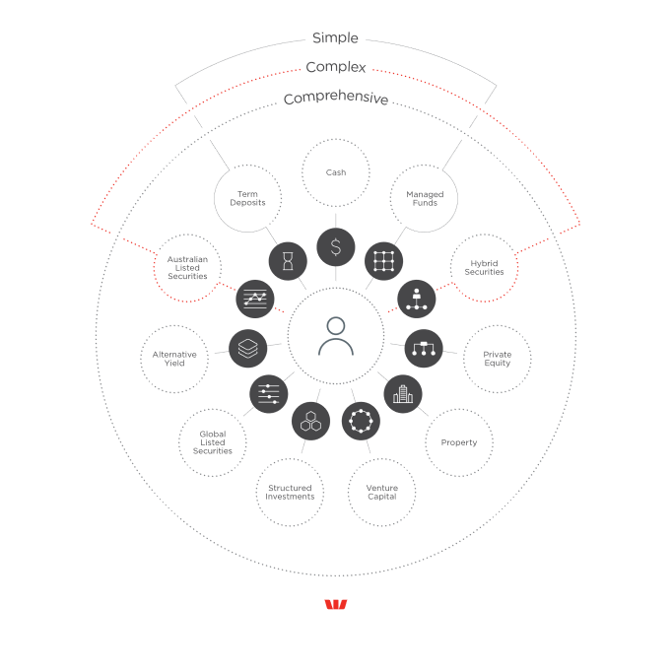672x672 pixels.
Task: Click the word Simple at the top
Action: click(335, 38)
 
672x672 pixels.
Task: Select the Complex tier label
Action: click(336, 68)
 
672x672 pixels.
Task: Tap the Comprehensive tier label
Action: click(336, 99)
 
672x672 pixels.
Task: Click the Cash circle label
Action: click(336, 172)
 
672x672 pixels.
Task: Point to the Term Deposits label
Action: click(247, 199)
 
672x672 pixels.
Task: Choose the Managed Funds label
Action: click(425, 199)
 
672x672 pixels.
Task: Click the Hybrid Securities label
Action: click(484, 268)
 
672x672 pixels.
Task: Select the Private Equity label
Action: click(497, 359)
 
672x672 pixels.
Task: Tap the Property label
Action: click(459, 442)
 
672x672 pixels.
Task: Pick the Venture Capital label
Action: click(381, 492)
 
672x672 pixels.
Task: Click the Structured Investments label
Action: click(290, 492)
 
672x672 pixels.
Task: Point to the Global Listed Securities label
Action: click(212, 441)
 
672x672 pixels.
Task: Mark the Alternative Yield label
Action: click(174, 359)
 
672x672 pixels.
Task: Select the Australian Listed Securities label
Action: click(187, 268)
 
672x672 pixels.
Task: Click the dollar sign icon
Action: click(336, 246)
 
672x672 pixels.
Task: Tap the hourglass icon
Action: click(288, 261)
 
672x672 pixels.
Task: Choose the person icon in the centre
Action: click(336, 336)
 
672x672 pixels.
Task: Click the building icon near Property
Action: click(401, 394)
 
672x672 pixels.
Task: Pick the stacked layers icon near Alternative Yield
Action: click(248, 348)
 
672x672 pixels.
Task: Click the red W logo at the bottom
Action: click(336, 605)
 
